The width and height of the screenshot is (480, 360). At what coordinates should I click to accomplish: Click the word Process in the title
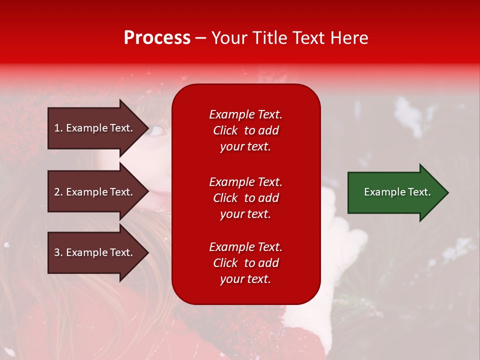pos(157,37)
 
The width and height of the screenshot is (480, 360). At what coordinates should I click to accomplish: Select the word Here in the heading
pos(349,37)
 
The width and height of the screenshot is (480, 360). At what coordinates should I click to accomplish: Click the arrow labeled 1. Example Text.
pos(98,128)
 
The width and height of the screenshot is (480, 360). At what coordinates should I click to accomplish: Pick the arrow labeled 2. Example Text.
pos(98,191)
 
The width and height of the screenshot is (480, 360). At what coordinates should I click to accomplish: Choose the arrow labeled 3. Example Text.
pos(98,252)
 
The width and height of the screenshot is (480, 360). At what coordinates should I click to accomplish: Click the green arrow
pos(398,192)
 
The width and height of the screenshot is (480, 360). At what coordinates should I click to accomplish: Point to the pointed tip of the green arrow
pos(448,192)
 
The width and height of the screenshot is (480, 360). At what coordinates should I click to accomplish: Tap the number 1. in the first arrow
pos(58,128)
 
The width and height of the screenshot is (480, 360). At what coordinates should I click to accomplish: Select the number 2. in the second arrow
pos(58,192)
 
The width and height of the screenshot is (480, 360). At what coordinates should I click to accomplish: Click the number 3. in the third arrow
pos(58,252)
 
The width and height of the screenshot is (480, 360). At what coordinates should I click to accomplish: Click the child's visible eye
pos(155,130)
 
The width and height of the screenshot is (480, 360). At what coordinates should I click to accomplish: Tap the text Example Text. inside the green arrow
pos(397,192)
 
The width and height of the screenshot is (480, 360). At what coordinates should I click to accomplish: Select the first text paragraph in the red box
pos(245,130)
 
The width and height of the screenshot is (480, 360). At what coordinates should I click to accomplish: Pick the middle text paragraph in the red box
pos(245,198)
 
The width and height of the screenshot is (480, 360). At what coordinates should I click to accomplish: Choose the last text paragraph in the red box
pos(245,263)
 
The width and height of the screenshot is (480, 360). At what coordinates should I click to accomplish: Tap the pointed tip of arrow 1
pos(148,128)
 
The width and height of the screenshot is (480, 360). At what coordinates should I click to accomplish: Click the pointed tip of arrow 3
pos(148,252)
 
